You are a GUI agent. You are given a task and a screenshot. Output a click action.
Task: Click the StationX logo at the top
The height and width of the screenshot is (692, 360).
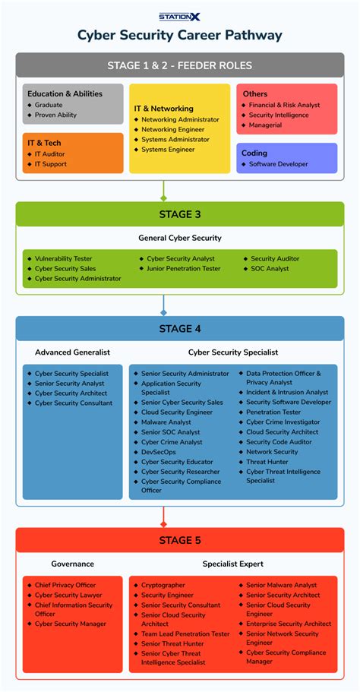(x=179, y=16)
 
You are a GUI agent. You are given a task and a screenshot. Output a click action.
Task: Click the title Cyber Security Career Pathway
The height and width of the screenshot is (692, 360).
(x=179, y=35)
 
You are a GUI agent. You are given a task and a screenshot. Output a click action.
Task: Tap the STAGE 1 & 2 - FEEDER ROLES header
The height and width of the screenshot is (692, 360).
(x=179, y=65)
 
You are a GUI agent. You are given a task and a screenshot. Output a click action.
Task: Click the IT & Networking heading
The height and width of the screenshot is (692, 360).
(x=163, y=109)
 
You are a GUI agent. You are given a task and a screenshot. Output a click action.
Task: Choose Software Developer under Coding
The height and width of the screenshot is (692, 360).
(x=278, y=164)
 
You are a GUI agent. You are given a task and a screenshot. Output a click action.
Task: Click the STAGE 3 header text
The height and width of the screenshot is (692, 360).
(x=179, y=214)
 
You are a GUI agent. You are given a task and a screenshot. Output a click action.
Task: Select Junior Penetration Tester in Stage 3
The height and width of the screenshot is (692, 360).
(x=183, y=269)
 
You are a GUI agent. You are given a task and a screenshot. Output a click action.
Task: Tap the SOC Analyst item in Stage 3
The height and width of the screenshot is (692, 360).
(x=270, y=269)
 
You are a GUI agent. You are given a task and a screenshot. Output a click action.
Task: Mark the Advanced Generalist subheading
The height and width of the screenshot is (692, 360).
(x=72, y=352)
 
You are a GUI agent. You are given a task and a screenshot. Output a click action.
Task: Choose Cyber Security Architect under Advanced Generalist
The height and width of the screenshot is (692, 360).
(x=71, y=393)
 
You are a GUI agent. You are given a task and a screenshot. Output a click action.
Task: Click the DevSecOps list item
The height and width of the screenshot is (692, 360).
(x=158, y=452)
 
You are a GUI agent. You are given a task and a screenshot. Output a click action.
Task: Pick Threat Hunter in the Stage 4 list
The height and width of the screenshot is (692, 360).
(x=267, y=462)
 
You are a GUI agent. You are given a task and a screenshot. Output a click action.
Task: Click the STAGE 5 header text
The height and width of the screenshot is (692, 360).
(x=179, y=541)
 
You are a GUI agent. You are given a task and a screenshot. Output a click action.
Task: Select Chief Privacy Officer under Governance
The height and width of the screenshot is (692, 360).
(x=65, y=586)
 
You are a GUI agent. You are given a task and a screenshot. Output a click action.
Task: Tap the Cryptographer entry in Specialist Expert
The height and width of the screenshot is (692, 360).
(x=163, y=586)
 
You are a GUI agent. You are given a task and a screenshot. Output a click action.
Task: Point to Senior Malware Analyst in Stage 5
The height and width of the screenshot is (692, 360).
(x=281, y=586)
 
